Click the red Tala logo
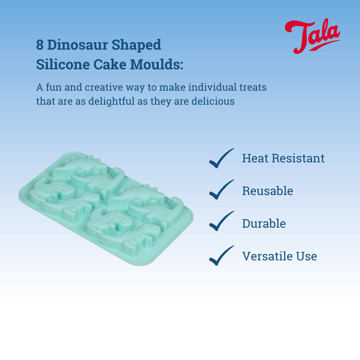(x=312, y=36)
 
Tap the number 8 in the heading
(x=40, y=45)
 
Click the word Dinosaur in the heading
(x=77, y=45)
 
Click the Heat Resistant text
(x=283, y=158)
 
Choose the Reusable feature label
(x=268, y=191)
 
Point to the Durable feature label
(x=264, y=223)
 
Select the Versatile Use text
(x=279, y=256)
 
